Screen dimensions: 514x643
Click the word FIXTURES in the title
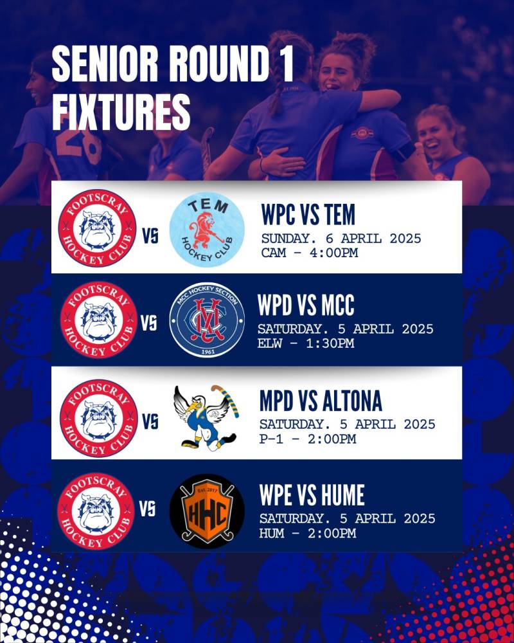121,112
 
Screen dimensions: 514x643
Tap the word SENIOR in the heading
105,64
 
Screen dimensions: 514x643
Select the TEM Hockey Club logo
207,230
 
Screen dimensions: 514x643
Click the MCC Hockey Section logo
207,320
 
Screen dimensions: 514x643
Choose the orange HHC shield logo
207,511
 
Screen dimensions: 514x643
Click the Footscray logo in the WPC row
97,228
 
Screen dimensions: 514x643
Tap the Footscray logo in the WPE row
96,511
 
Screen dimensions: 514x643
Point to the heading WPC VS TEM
308,214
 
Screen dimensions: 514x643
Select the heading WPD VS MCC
306,305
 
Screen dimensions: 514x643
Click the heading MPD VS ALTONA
321,401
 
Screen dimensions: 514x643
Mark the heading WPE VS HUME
312,495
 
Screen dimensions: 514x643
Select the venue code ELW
270,343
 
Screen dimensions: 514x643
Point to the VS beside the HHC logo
148,509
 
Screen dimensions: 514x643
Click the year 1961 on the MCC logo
208,352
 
